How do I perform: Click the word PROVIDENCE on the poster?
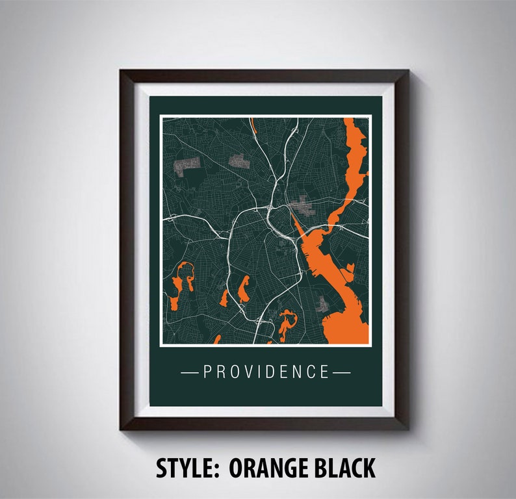click(x=266, y=372)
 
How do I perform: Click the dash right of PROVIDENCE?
click(x=342, y=372)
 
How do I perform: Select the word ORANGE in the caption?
click(x=273, y=468)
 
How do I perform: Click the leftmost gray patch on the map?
click(x=187, y=164)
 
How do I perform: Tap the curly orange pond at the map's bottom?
click(x=286, y=323)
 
